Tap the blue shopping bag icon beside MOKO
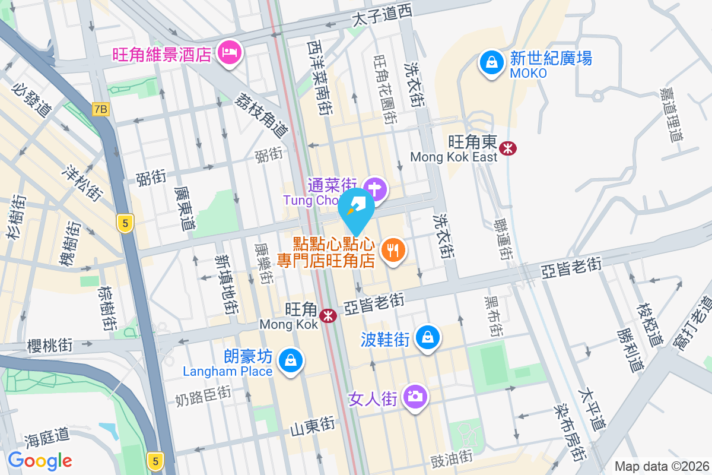[492, 62]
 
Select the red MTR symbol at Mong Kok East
[507, 148]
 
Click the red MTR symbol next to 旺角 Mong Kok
[327, 316]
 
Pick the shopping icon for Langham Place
[291, 360]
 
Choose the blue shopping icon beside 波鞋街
[427, 337]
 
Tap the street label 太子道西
[382, 16]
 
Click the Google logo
[40, 460]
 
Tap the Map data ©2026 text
[662, 466]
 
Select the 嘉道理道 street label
[671, 115]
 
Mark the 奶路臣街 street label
[203, 396]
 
